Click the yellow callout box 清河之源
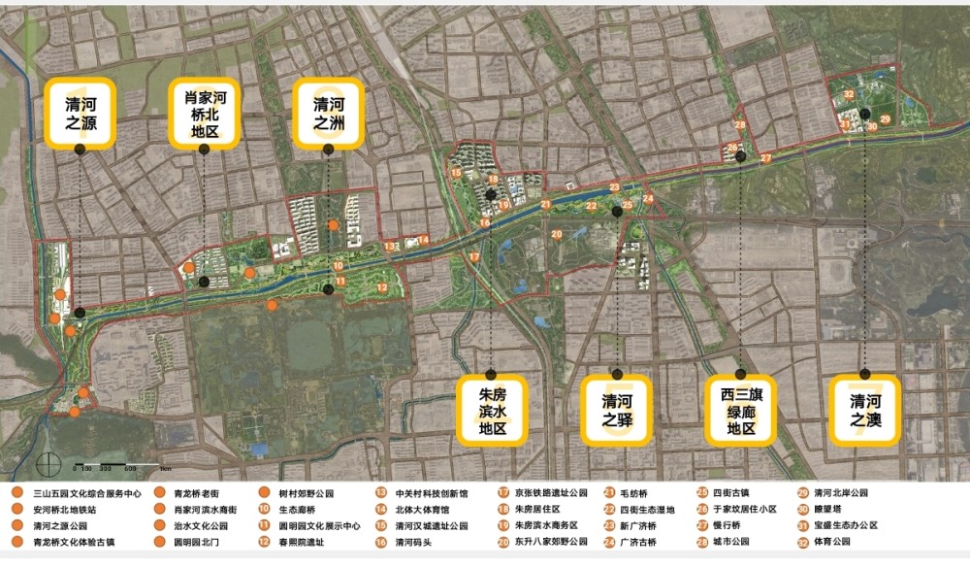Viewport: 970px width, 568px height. [x=80, y=114]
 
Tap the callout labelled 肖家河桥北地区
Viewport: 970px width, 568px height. [x=204, y=114]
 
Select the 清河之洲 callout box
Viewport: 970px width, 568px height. [x=328, y=114]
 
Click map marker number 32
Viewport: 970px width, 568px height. [x=849, y=94]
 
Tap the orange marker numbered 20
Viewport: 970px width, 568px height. [x=557, y=234]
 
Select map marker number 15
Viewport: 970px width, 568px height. [x=456, y=173]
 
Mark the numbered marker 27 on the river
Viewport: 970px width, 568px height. [x=765, y=158]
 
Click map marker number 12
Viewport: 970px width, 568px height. [x=382, y=287]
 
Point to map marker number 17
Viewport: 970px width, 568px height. [x=474, y=256]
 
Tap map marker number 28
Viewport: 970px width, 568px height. [x=740, y=125]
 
